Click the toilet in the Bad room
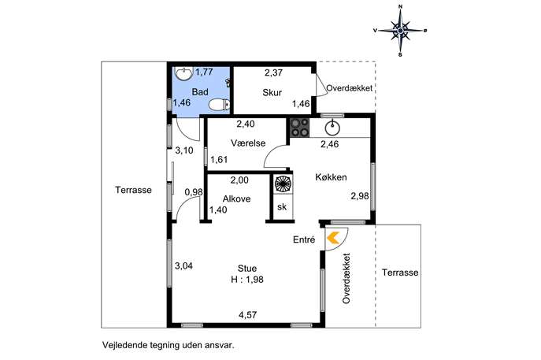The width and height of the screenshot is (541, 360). (220, 104)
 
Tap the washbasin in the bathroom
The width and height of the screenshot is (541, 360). (183, 73)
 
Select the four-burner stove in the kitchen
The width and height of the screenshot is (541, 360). (299, 128)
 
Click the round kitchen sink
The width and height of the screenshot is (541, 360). (332, 128)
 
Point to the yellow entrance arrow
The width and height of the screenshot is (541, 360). (333, 238)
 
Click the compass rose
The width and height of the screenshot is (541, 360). (400, 31)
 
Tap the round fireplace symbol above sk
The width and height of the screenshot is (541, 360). (283, 184)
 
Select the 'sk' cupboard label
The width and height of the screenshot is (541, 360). (282, 206)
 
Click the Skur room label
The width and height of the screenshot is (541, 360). (272, 92)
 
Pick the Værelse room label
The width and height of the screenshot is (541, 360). (248, 143)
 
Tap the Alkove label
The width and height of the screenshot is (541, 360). (236, 199)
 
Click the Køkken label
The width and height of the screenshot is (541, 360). (331, 177)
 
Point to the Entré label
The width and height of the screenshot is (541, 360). (304, 239)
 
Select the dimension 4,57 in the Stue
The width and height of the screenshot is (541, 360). (248, 315)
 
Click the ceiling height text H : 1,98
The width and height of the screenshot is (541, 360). (247, 279)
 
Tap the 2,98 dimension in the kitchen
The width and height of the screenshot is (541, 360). (360, 196)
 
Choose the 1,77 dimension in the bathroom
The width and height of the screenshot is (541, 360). (204, 72)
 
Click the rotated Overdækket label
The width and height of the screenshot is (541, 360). (346, 278)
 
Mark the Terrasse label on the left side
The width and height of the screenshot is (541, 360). (134, 190)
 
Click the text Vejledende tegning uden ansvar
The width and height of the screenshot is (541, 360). (169, 345)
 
